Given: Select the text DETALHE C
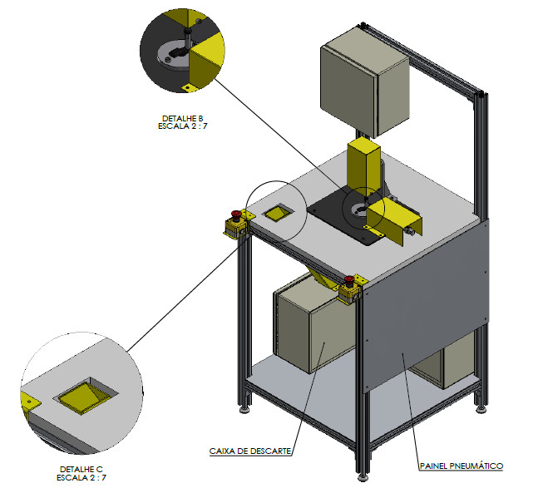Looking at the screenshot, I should coord(81,470).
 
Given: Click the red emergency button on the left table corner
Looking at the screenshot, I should coord(235,216).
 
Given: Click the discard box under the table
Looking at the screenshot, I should coord(304,328).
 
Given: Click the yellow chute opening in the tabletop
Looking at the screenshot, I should coord(275,214).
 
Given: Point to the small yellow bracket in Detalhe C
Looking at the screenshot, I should coord(31,401).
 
